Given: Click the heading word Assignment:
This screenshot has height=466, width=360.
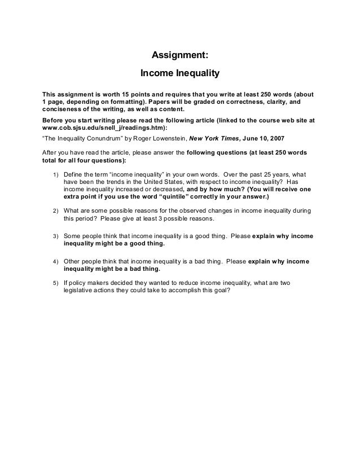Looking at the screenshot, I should click(181, 55).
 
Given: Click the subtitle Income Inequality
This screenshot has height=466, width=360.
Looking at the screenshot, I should click(179, 74).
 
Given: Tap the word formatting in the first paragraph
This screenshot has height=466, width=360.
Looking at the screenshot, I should click(125, 102).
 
